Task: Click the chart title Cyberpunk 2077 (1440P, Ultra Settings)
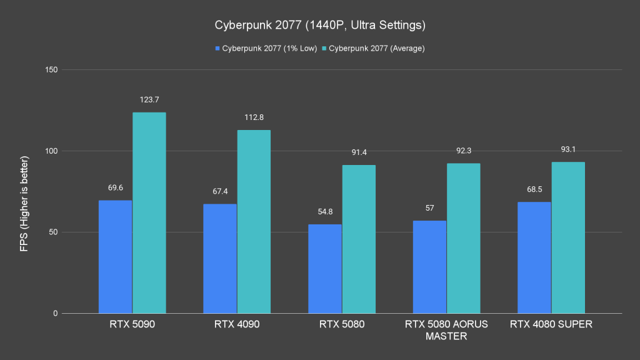pyautogui.click(x=320, y=26)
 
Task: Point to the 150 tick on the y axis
pyautogui.click(x=51, y=70)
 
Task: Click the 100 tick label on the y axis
pyautogui.click(x=51, y=151)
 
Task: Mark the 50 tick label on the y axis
pyautogui.click(x=52, y=232)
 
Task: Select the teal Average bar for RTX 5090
pyautogui.click(x=149, y=212)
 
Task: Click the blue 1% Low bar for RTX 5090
pyautogui.click(x=115, y=256)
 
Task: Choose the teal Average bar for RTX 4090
pyautogui.click(x=254, y=221)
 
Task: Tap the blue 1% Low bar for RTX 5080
pyautogui.click(x=325, y=269)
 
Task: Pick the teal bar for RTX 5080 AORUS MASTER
pyautogui.click(x=463, y=238)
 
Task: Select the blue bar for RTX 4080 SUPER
pyautogui.click(x=534, y=257)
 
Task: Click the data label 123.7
pyautogui.click(x=149, y=100)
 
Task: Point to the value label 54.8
pyautogui.click(x=325, y=212)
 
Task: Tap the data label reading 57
pyautogui.click(x=429, y=208)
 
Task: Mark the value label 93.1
pyautogui.click(x=568, y=149)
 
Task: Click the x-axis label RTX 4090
pyautogui.click(x=237, y=324)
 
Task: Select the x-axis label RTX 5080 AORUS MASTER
pyautogui.click(x=446, y=330)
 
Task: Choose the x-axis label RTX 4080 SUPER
pyautogui.click(x=551, y=324)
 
